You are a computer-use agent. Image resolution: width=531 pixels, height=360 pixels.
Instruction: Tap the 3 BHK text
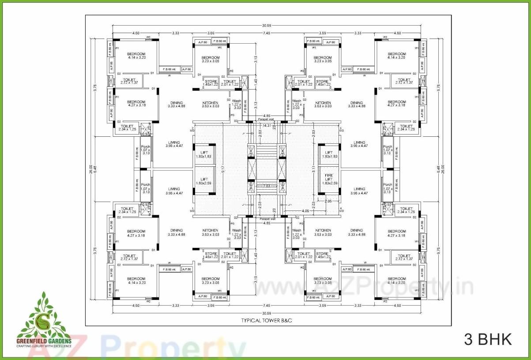pyautogui.click(x=488, y=339)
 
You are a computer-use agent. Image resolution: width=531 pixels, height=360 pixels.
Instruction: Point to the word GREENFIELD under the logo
pyautogui.click(x=33, y=341)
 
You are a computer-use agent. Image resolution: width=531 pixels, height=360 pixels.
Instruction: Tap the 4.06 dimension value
pyautogui.click(x=305, y=211)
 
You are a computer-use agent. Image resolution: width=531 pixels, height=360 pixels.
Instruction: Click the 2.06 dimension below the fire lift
pyautogui.click(x=328, y=201)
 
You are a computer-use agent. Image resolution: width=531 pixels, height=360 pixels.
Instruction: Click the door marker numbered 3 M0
pyautogui.click(x=341, y=129)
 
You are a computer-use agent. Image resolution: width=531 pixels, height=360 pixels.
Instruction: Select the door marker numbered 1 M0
pyautogui.click(x=192, y=209)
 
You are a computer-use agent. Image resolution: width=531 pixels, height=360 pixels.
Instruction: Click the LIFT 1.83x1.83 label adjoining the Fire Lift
pyautogui.click(x=327, y=154)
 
